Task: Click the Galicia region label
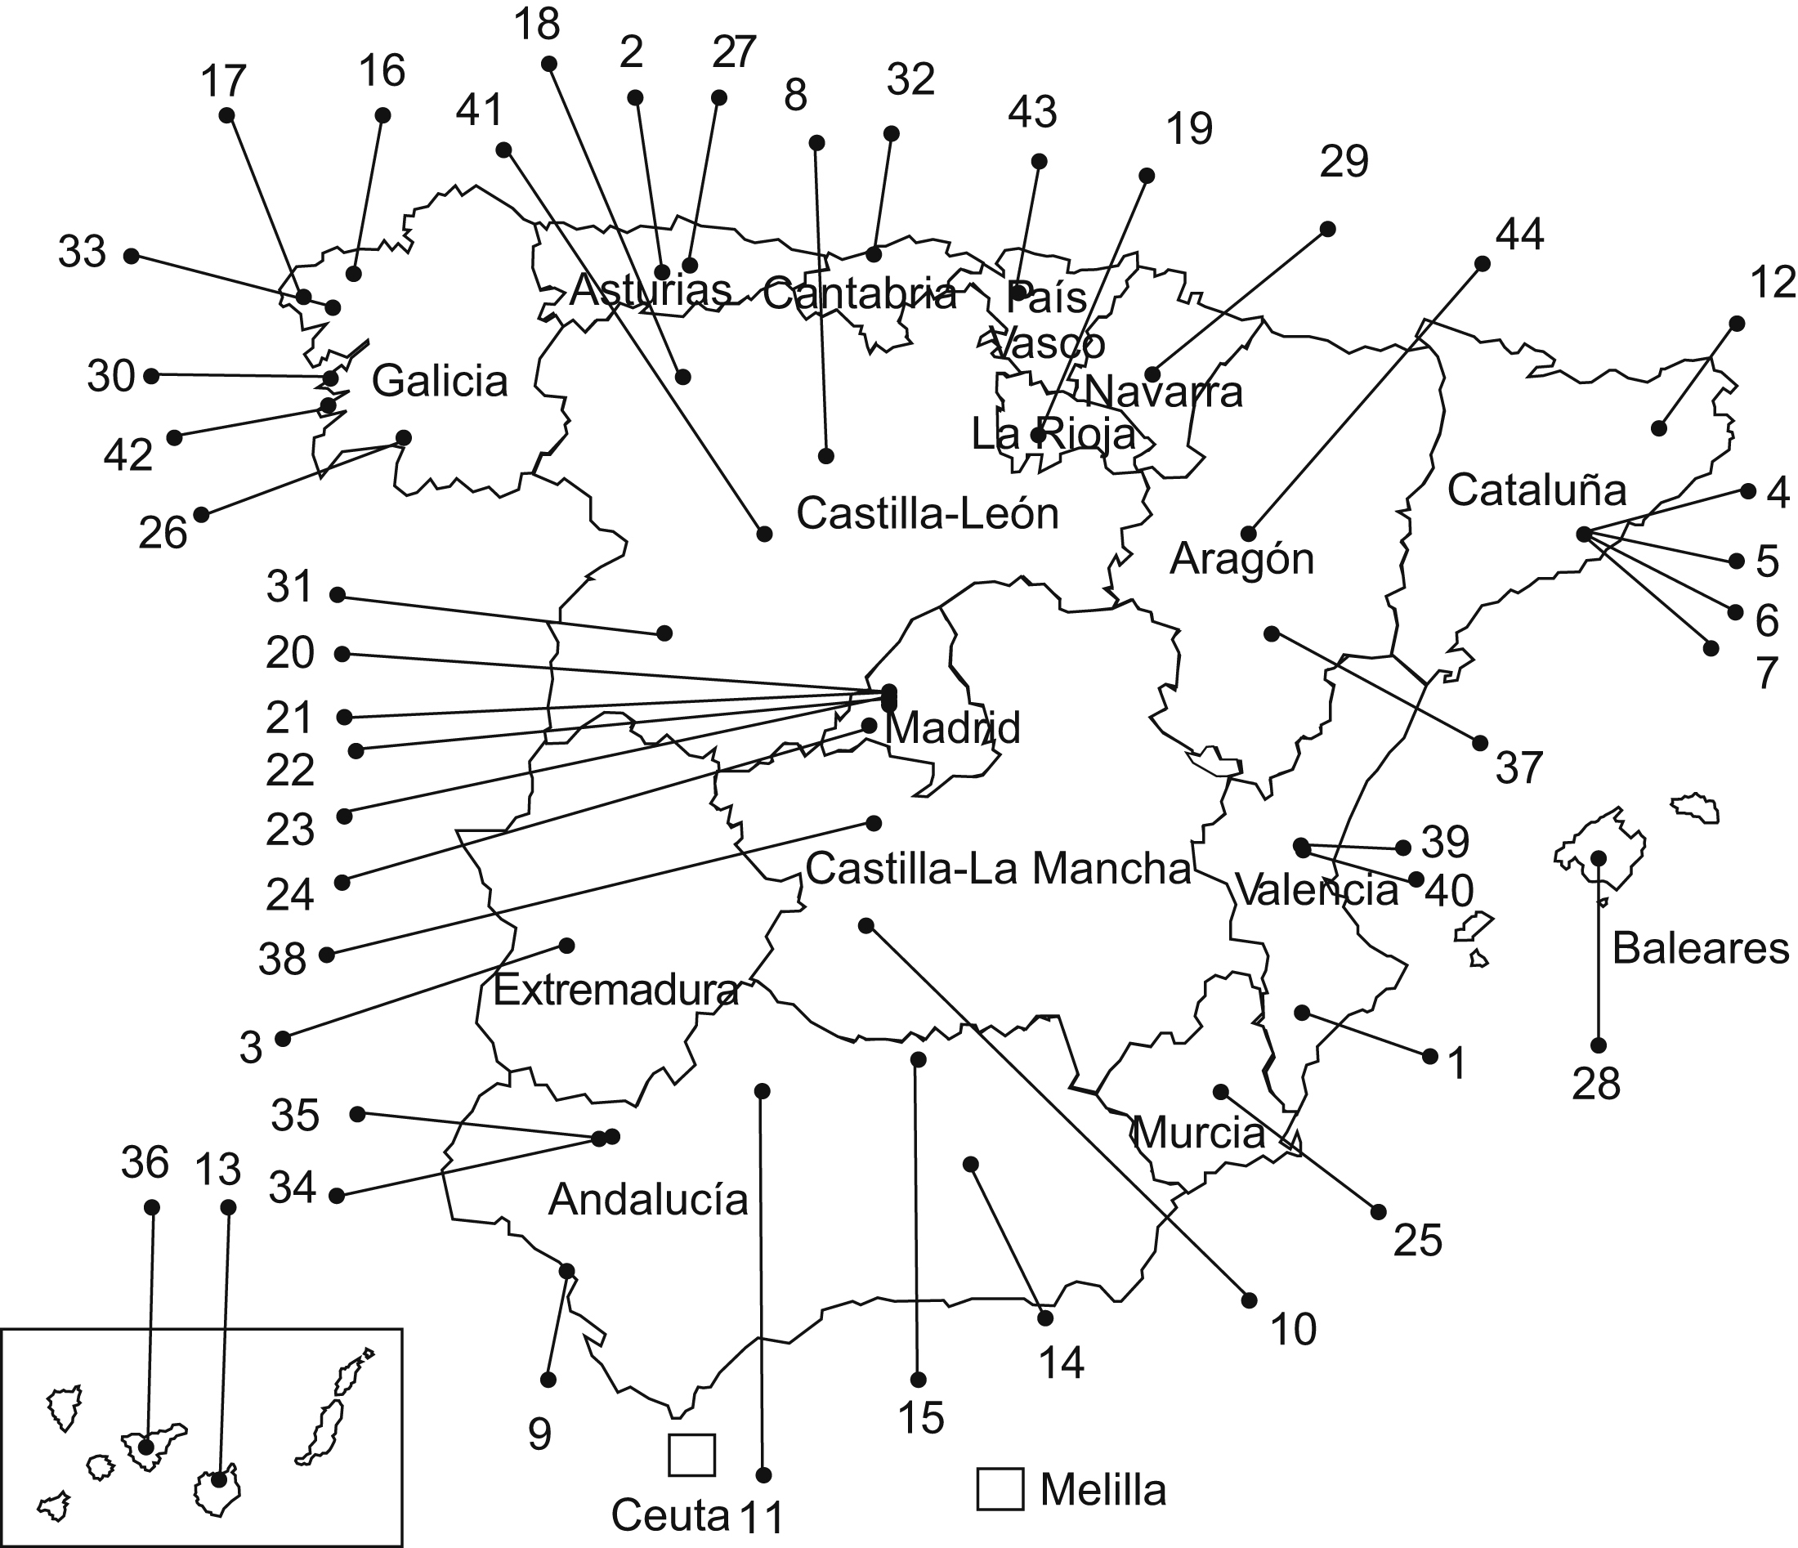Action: [439, 382]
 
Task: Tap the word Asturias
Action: [650, 291]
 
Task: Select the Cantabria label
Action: [859, 295]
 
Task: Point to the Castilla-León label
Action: [927, 514]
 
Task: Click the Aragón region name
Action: [1241, 560]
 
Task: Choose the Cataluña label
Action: [1536, 491]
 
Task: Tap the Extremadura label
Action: [615, 990]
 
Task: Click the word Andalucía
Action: [647, 1200]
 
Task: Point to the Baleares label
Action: [1700, 948]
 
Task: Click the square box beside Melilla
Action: [1000, 1489]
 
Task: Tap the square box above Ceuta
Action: [691, 1455]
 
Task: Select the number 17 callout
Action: [223, 83]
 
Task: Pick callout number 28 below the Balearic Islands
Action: [1596, 1085]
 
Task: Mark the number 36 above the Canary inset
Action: [144, 1163]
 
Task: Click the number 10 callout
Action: [1293, 1329]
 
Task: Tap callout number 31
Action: [289, 588]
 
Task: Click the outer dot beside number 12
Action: [1737, 324]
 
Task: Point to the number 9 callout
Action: [539, 1436]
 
